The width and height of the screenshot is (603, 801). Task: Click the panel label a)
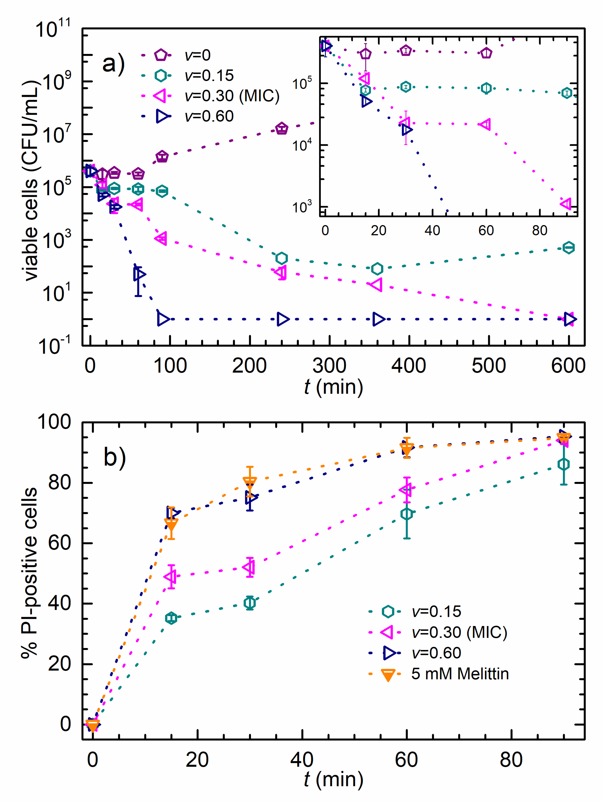[x=113, y=63]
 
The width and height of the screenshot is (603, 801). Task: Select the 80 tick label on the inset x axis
[x=539, y=230]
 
